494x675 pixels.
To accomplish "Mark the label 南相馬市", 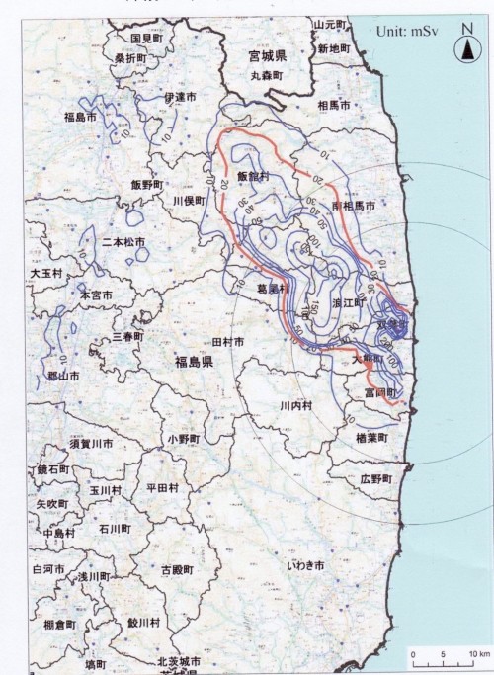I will (354, 206).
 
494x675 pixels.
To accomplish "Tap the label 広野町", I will (376, 478).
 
